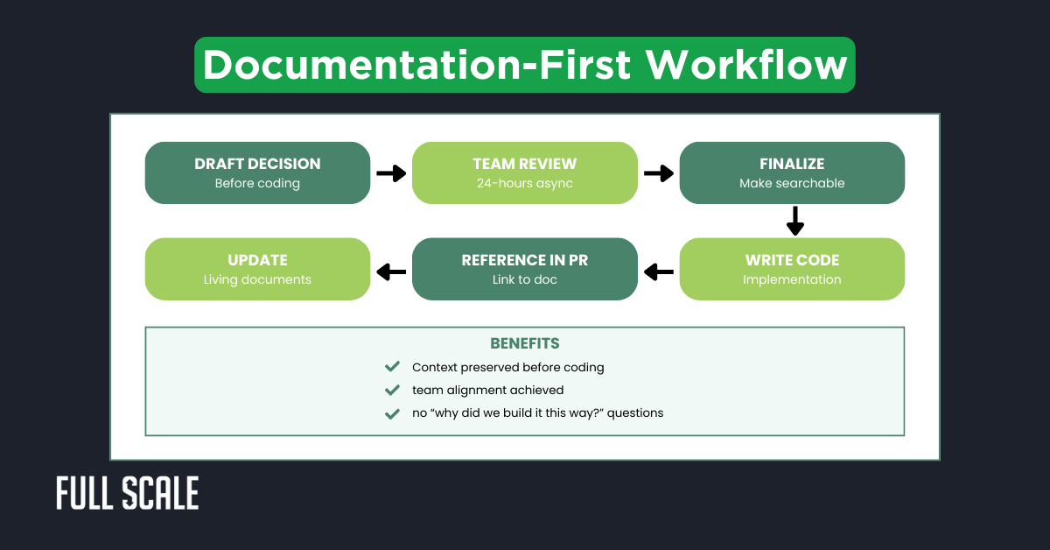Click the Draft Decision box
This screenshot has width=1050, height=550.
coord(257,173)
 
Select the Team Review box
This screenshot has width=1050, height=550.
coord(525,173)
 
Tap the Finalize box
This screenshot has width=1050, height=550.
coord(792,173)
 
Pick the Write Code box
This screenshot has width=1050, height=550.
coord(792,269)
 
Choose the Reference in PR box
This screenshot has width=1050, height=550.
coord(525,269)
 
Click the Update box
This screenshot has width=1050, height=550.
coord(257,269)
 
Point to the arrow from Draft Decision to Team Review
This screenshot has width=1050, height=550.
coord(391,173)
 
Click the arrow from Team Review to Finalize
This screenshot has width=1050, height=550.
coord(659,173)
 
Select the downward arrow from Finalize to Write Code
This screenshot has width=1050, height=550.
coord(794,221)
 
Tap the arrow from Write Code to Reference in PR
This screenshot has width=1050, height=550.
coord(659,271)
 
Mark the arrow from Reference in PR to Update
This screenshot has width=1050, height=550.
coord(391,271)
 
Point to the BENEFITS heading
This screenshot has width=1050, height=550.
coord(525,343)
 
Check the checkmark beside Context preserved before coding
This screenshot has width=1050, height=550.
coord(392,367)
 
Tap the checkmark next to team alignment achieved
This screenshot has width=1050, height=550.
coord(392,390)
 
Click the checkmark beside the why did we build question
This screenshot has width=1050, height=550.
coord(392,412)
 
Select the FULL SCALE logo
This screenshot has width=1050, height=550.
coord(128,493)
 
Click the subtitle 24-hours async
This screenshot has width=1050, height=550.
coord(525,184)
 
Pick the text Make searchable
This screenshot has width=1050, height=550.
coord(792,184)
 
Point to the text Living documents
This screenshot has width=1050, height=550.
coord(257,280)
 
